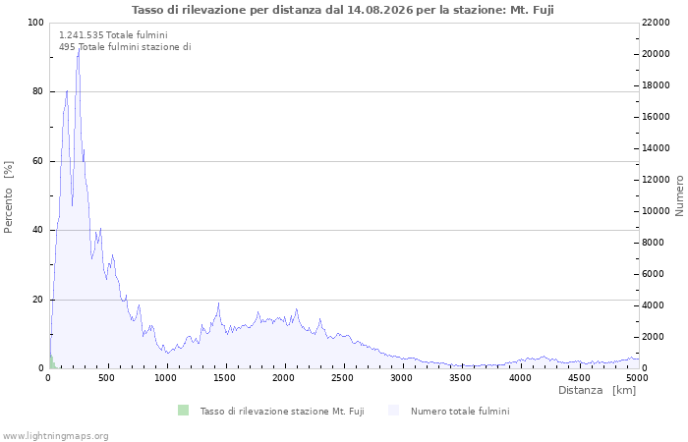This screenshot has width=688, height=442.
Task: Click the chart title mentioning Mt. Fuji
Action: coord(343,10)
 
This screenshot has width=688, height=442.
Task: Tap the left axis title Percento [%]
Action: coord(8,197)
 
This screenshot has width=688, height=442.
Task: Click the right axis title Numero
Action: coord(679,195)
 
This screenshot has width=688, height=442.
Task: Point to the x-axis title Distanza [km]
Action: coord(597,390)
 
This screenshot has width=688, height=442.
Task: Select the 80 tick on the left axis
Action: coord(37,91)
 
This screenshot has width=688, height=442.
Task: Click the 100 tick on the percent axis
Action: coord(35,23)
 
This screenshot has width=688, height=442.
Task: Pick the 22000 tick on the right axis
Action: coord(656,23)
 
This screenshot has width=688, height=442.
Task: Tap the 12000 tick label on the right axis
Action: coord(656,180)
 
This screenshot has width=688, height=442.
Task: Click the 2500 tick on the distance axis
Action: coord(342,378)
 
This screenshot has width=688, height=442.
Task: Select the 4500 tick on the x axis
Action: coord(579,378)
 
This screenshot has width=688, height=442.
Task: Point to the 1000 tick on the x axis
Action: coord(165,378)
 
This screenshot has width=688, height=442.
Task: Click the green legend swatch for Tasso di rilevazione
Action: coord(183,411)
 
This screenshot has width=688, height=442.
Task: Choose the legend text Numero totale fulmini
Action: coord(460,412)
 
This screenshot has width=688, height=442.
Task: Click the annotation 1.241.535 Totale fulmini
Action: coord(113,35)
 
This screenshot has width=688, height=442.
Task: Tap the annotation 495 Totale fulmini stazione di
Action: coord(125,47)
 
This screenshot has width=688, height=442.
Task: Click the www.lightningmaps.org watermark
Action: coord(55,436)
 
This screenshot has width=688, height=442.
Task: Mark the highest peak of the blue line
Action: coord(79,48)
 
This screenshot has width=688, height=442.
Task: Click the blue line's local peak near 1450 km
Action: coord(218,303)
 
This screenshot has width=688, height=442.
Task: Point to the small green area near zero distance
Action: coord(52,363)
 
